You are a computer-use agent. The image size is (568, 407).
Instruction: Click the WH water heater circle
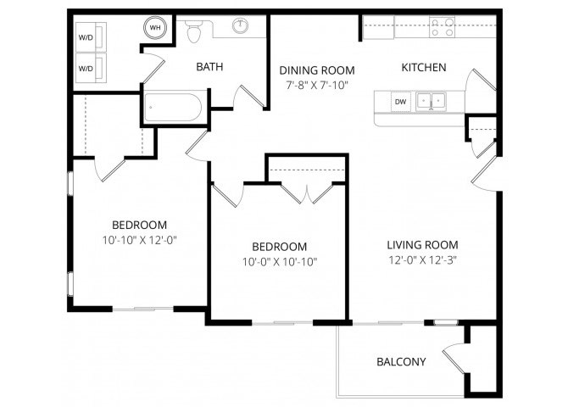pos(155,27)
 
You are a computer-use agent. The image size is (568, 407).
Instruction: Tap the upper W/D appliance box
pos(91,37)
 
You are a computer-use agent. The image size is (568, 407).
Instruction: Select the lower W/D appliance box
pos(91,68)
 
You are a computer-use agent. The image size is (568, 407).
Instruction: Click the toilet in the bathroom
pos(194,30)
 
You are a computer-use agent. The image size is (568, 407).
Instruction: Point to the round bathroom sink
pos(240,25)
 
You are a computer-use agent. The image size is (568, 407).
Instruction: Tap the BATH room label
pos(209,67)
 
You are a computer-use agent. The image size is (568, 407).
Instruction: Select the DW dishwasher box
pos(401,102)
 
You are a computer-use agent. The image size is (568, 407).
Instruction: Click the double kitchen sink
pos(431,100)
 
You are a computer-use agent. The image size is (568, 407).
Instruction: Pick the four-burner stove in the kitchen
pos(442,27)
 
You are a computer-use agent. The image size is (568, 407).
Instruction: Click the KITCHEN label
pos(424,68)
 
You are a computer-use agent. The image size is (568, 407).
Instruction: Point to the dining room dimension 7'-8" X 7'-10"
pos(317,86)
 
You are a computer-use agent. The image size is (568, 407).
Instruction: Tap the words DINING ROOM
pos(317,70)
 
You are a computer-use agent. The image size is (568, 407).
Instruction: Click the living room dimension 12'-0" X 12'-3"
pos(422,260)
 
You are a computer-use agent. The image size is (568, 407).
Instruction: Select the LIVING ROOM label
pos(422,245)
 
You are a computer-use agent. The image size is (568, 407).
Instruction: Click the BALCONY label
pos(401,362)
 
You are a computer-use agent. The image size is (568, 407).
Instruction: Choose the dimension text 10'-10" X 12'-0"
pos(140,240)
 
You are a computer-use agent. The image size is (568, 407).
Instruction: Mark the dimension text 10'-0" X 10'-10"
pos(280,262)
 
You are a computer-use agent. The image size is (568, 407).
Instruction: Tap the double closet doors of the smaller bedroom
pos(306,194)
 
